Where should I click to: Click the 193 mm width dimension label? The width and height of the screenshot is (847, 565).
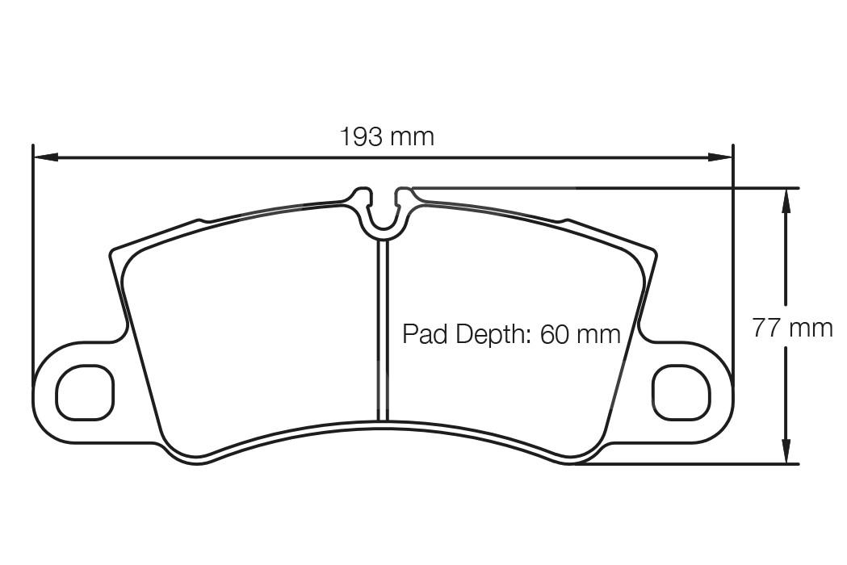point(386,136)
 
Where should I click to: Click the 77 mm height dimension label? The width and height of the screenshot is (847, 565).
point(792,328)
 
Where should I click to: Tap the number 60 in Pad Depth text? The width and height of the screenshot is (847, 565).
point(555,333)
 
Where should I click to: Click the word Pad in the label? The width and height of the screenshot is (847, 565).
point(425,333)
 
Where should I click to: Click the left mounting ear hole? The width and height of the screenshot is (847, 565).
point(85,392)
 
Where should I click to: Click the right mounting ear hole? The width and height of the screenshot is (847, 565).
point(681,392)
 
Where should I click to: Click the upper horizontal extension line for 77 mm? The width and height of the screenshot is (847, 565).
point(606,188)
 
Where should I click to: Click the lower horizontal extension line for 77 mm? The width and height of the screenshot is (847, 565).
point(686,464)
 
